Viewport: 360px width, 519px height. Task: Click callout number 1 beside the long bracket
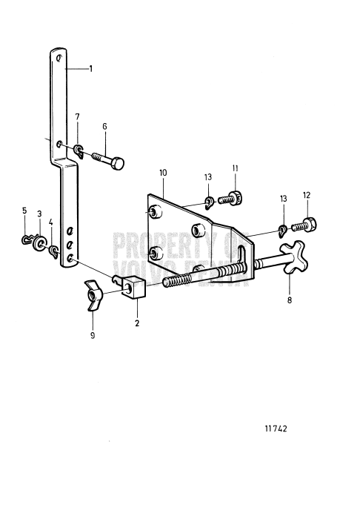coord(90,68)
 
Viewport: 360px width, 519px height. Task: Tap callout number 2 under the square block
coord(137,323)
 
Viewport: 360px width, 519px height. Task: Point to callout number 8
coord(290,301)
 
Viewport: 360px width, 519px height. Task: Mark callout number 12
coord(307,195)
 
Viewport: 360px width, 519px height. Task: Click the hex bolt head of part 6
coord(119,162)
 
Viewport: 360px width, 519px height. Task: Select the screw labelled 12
coord(307,223)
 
